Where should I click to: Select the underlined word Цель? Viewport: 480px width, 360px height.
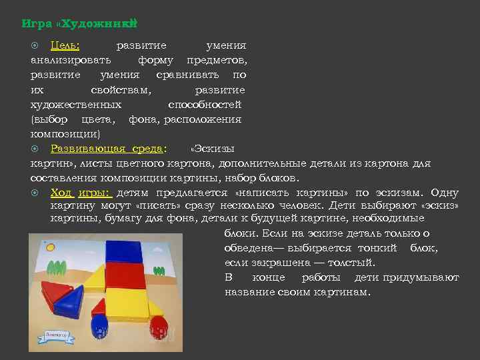(x=65, y=46)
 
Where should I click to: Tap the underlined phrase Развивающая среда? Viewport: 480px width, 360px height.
(x=107, y=148)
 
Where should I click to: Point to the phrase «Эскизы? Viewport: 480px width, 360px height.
(x=212, y=148)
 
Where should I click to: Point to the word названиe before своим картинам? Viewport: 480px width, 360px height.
(x=252, y=292)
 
